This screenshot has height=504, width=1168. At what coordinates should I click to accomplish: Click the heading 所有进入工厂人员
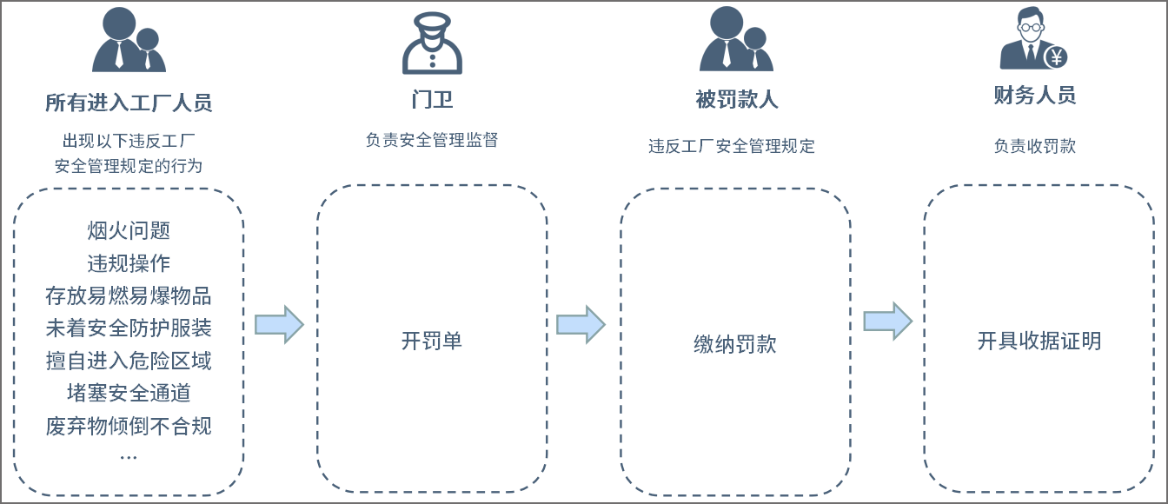point(129,103)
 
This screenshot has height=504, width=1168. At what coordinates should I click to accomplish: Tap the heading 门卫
point(432,99)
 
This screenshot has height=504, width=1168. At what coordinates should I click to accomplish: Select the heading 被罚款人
point(736,99)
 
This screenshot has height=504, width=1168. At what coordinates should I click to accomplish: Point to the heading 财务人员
point(1034,96)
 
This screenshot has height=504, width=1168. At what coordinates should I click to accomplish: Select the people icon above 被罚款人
point(735,40)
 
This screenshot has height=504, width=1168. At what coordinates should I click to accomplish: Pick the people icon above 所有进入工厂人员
point(128,40)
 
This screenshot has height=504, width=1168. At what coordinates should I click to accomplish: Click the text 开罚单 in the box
point(432,341)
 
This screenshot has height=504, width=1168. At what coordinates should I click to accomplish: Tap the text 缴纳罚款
point(735,344)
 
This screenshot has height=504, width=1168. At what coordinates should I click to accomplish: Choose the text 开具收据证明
point(1039,341)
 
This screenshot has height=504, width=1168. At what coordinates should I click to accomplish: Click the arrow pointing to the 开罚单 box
point(279,325)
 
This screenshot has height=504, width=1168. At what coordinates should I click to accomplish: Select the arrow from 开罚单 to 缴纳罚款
point(581,325)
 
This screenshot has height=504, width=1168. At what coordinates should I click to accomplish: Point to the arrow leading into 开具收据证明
point(887,322)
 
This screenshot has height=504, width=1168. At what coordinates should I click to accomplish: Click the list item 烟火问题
point(129,230)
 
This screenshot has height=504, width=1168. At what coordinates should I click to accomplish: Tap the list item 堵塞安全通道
point(129,394)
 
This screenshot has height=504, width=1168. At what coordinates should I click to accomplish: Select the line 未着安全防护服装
point(129,328)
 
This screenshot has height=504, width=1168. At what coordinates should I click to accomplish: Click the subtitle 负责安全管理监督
point(432,140)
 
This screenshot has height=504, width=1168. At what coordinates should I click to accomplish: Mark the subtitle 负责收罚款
point(1034,146)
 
